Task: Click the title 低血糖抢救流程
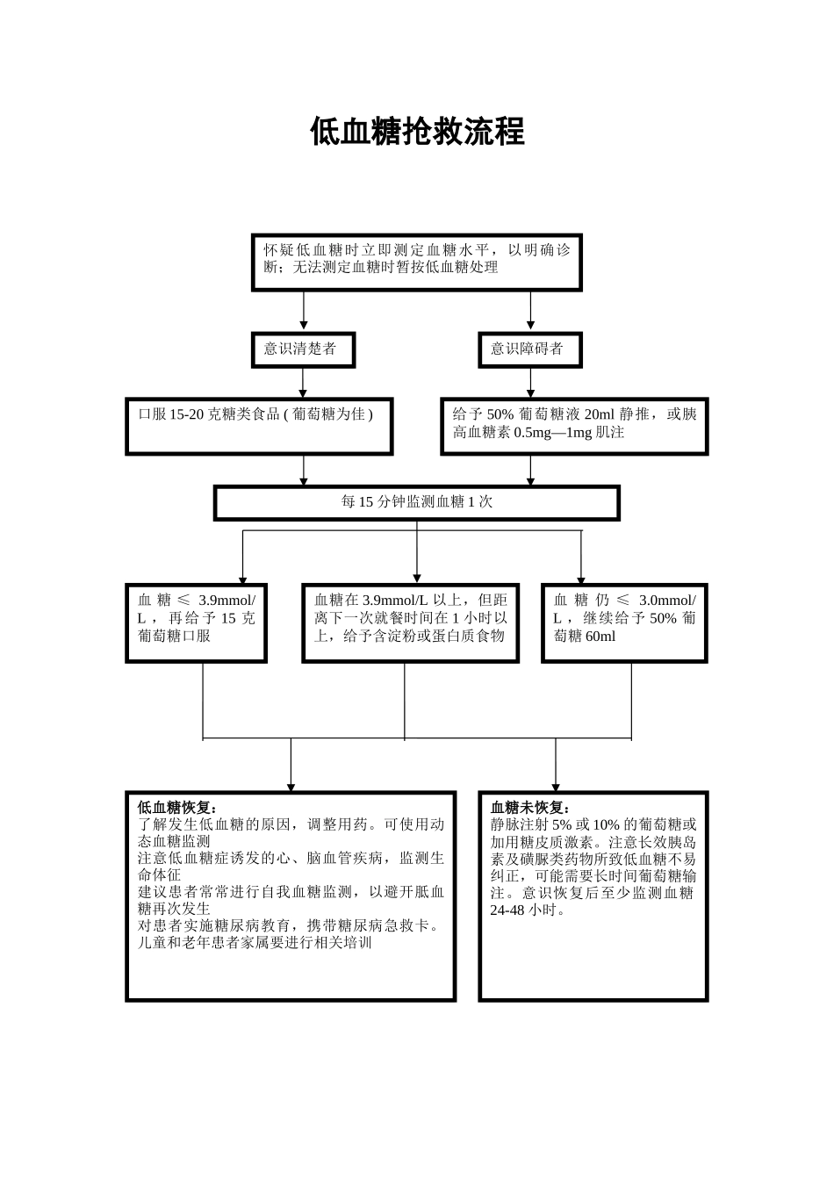[417, 133]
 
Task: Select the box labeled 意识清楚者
[303, 349]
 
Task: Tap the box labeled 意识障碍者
[529, 349]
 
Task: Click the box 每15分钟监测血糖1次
[417, 502]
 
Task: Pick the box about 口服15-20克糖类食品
[259, 427]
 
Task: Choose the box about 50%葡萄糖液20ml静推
[574, 427]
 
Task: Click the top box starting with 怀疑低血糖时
[417, 262]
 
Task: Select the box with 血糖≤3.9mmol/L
[196, 622]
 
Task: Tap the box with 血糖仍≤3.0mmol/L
[624, 622]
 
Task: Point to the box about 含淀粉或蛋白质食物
[410, 622]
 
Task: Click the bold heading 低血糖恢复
[177, 808]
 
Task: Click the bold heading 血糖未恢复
[530, 808]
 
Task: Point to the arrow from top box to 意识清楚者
[304, 311]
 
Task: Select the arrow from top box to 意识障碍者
[530, 311]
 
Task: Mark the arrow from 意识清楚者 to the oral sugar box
[304, 383]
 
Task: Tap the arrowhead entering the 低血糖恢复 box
[291, 787]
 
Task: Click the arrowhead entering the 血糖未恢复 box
[556, 787]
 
